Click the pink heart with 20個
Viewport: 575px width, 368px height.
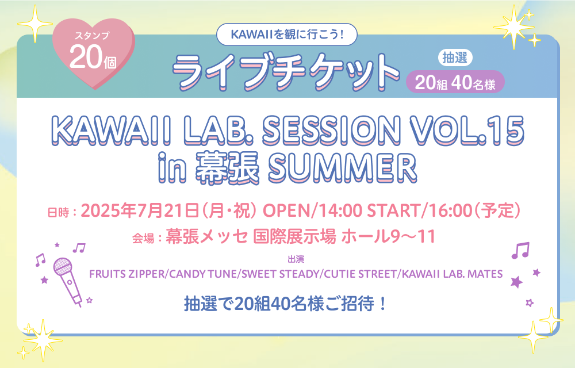click(94, 52)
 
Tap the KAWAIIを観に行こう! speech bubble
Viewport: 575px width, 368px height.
click(287, 34)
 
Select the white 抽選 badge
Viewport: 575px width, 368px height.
click(455, 57)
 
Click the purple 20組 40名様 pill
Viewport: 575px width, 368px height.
click(455, 82)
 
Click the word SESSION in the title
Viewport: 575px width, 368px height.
click(331, 130)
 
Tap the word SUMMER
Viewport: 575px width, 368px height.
click(342, 168)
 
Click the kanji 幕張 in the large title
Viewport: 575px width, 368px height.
click(227, 168)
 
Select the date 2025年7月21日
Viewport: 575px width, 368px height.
click(140, 211)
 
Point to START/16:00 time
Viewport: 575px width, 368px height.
click(419, 211)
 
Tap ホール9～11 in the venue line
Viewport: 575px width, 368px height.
click(388, 236)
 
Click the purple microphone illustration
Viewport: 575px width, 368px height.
click(67, 281)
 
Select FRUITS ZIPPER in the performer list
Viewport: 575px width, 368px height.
click(127, 274)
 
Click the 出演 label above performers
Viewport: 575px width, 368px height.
click(296, 259)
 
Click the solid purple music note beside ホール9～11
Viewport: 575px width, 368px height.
click(520, 251)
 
